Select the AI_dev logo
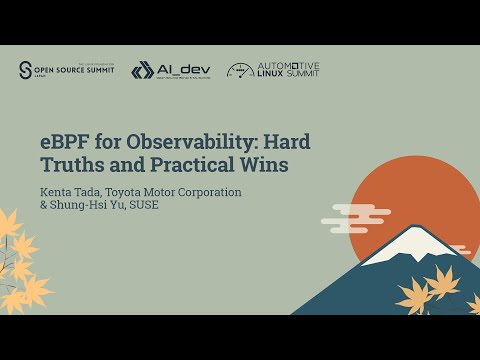pos(168,70)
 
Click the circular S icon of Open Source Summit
pos(27,70)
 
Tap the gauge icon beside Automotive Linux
pos(240,71)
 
